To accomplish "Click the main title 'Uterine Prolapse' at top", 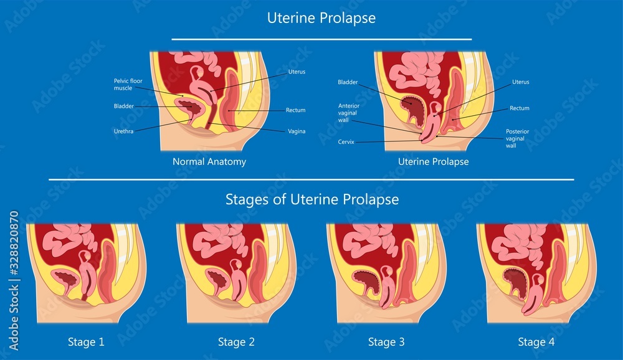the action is pyautogui.click(x=321, y=18).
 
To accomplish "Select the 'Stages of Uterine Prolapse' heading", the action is pyautogui.click(x=312, y=199).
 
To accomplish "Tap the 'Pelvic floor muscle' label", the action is pyautogui.click(x=128, y=84).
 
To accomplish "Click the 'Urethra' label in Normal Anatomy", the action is pyautogui.click(x=123, y=131).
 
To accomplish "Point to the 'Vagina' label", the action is pyautogui.click(x=297, y=131).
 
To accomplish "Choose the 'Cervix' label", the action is pyautogui.click(x=346, y=142).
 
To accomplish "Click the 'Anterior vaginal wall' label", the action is pyautogui.click(x=348, y=113).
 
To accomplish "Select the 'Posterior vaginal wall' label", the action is pyautogui.click(x=517, y=138).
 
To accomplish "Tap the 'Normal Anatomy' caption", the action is pyautogui.click(x=209, y=162).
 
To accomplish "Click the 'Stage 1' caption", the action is pyautogui.click(x=86, y=342).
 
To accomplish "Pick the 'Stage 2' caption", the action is pyautogui.click(x=236, y=342).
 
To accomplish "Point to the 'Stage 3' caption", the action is pyautogui.click(x=386, y=342).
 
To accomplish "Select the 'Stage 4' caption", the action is pyautogui.click(x=536, y=342).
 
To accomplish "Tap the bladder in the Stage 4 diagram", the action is pyautogui.click(x=516, y=282).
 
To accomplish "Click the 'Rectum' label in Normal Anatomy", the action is pyautogui.click(x=295, y=110).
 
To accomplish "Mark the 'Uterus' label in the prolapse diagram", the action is pyautogui.click(x=520, y=82).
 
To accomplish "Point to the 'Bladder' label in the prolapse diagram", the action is pyautogui.click(x=348, y=82).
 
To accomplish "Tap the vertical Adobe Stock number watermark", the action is pyautogui.click(x=14, y=280).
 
